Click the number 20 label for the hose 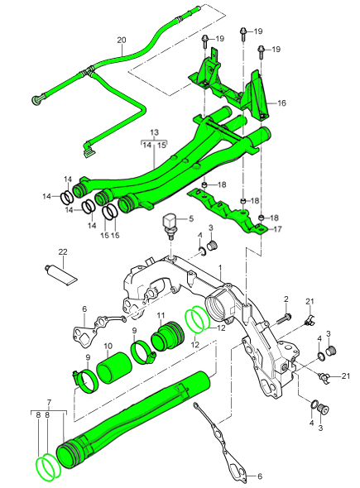click(122, 40)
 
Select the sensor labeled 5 click(170, 226)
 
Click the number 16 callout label click(281, 103)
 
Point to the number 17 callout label click(277, 229)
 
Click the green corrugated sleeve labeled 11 click(168, 337)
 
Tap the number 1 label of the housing click(220, 267)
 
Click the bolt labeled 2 click(284, 318)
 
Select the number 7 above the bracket click(49, 403)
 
